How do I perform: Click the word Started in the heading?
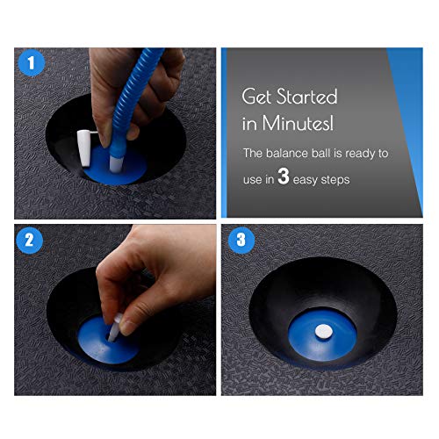304,96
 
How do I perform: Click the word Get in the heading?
258,96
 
